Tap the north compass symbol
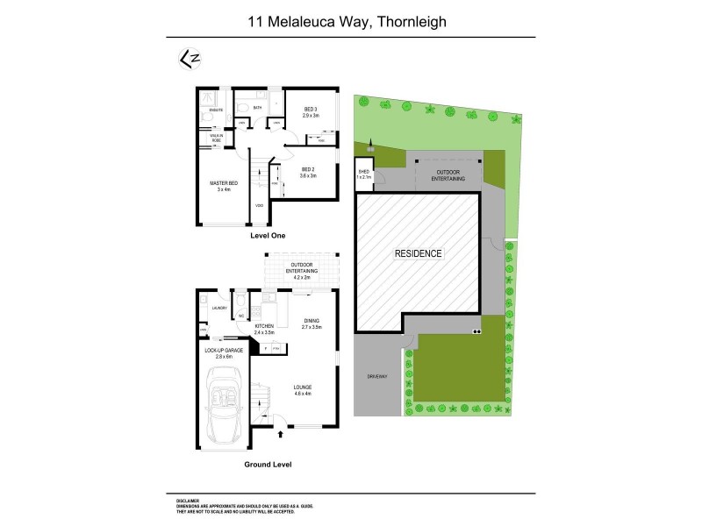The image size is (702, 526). coord(186,58)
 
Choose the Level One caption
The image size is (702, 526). coord(268,236)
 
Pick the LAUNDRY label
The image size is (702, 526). coord(219,308)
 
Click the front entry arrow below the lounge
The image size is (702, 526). coord(280,432)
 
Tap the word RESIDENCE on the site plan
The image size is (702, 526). coord(418,253)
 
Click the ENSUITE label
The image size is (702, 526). coord(216,110)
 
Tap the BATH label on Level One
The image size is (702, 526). coord(258,108)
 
